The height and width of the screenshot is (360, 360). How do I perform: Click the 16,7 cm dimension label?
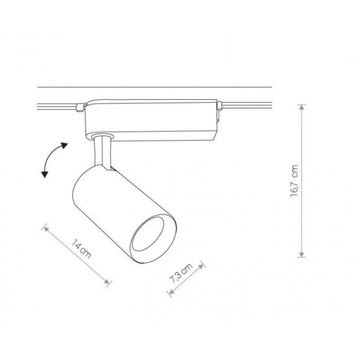pos(294,181)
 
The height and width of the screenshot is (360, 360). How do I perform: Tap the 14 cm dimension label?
pos(81,248)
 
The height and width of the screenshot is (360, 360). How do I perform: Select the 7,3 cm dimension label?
pos(181,273)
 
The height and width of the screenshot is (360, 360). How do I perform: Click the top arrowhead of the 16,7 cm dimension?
pos(302,107)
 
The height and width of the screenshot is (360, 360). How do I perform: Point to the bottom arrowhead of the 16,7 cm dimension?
pos(302,255)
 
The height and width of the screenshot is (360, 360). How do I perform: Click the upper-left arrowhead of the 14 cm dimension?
pos(45,229)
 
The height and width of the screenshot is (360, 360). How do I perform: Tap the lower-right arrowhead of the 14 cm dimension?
pos(106,282)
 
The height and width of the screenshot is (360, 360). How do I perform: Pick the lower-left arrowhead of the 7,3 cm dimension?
pos(171,292)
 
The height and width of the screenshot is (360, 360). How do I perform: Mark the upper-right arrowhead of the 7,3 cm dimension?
pos(201,266)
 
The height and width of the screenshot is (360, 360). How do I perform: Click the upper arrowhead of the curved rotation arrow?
pos(64,146)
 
